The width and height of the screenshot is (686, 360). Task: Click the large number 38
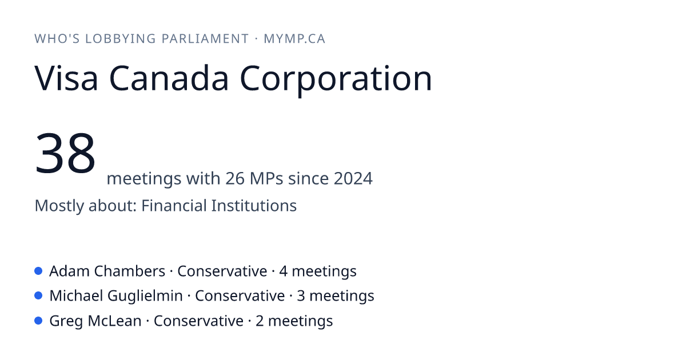65,153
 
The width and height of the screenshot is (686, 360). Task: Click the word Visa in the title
66,78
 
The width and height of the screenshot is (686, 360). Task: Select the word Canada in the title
169,78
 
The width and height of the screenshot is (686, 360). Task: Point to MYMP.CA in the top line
294,39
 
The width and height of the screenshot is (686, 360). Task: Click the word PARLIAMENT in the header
205,39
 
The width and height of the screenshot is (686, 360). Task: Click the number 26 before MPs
235,178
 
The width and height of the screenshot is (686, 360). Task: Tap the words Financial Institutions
219,205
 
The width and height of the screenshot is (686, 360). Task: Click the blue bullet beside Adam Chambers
38,271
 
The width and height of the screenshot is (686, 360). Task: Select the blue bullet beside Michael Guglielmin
38,296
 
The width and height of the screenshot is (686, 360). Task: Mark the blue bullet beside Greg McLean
38,321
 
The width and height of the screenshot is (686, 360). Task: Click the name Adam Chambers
107,271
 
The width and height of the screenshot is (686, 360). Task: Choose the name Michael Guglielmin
116,297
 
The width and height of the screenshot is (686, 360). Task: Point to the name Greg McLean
95,321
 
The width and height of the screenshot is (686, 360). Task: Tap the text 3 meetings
336,297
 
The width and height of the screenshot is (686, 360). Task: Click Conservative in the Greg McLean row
198,321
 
